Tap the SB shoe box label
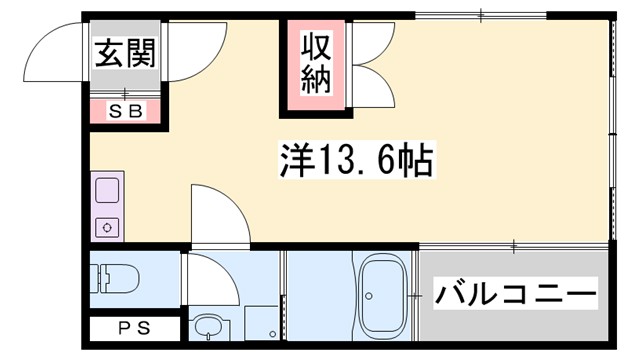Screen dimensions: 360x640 pyautogui.click(x=126, y=111)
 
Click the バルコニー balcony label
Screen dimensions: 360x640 pyautogui.click(x=515, y=294)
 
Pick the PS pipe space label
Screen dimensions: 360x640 pyautogui.click(x=129, y=326)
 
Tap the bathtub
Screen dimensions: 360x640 pyautogui.click(x=379, y=295)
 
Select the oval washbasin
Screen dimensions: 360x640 pyautogui.click(x=208, y=327)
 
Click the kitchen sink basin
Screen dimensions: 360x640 pyautogui.click(x=106, y=190)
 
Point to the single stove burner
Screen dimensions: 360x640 pyautogui.click(x=106, y=226)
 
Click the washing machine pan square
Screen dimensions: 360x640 pyautogui.click(x=260, y=324)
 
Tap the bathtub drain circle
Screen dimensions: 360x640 pyautogui.click(x=369, y=296)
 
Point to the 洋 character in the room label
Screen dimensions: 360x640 pyautogui.click(x=293, y=157)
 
